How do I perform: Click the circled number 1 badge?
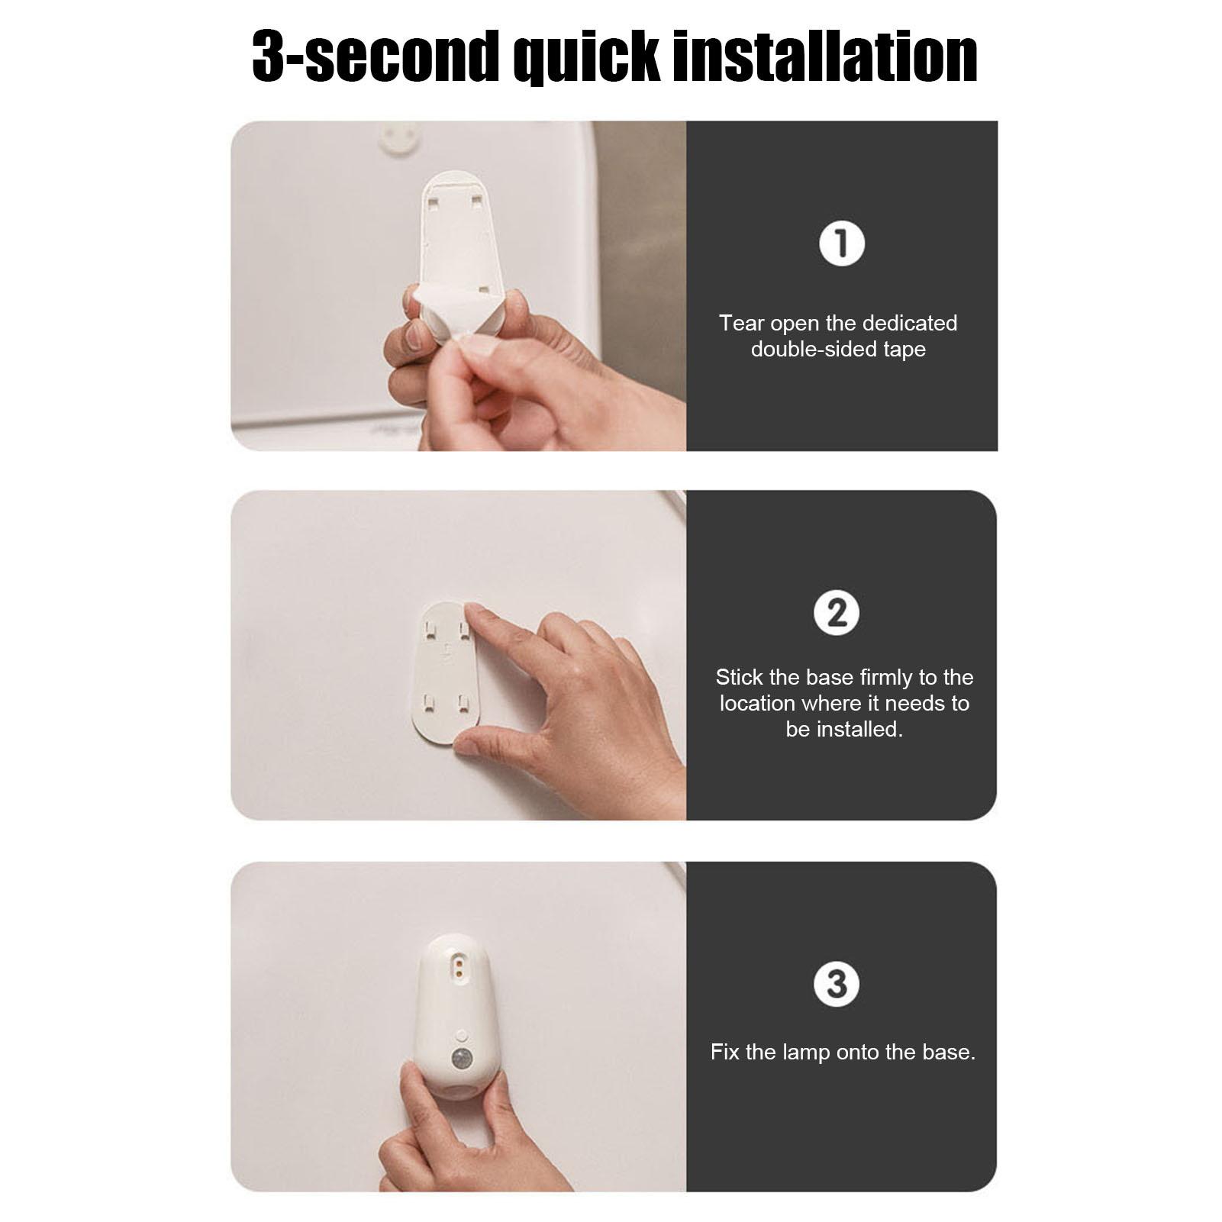pyautogui.click(x=841, y=244)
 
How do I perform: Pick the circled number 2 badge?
pyautogui.click(x=837, y=614)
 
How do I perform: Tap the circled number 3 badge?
pyautogui.click(x=837, y=984)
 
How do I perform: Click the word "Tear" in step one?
pyautogui.click(x=741, y=324)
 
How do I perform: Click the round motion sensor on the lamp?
pyautogui.click(x=462, y=1059)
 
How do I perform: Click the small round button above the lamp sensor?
pyautogui.click(x=461, y=1034)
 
